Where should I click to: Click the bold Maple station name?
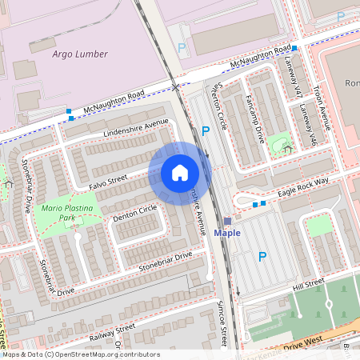[x=227, y=233]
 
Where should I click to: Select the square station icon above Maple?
[x=227, y=221]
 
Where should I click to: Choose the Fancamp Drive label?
[x=259, y=120]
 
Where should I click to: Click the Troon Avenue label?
[x=322, y=107]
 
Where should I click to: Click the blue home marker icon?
[x=179, y=173]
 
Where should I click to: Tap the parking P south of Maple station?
[x=262, y=257]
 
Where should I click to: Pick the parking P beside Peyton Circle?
[x=206, y=130]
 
